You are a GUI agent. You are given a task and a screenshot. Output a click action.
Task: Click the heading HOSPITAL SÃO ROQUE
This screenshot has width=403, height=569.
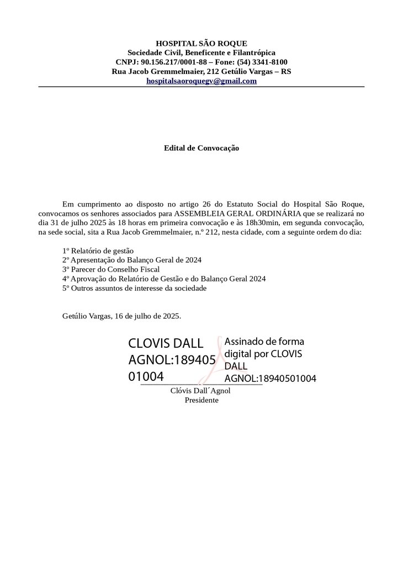(201, 43)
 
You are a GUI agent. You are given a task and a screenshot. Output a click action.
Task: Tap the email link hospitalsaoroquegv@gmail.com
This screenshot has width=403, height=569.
(201, 81)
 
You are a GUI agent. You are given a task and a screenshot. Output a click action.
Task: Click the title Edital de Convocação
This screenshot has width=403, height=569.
(201, 148)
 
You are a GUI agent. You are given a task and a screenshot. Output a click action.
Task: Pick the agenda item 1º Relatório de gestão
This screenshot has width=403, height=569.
(98, 251)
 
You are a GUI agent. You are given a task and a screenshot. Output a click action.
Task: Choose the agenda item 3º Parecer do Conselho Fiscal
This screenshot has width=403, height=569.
(111, 269)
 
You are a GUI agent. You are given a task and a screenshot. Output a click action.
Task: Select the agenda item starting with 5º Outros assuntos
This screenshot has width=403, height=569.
(135, 288)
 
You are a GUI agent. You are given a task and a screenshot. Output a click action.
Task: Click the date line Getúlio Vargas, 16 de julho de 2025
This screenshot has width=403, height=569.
(122, 316)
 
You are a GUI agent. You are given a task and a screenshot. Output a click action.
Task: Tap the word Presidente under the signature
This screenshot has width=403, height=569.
(201, 400)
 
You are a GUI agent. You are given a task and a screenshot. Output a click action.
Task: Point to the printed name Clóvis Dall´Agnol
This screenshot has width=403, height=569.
(200, 391)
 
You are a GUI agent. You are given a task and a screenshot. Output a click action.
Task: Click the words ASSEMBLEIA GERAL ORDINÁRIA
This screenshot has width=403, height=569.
(237, 213)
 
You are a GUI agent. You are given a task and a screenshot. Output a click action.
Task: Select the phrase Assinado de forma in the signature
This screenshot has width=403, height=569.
(264, 341)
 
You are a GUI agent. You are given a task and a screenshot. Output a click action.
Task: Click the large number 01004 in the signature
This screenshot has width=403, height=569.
(146, 377)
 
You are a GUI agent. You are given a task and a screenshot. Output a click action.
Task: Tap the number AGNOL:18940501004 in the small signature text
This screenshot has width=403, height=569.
(270, 379)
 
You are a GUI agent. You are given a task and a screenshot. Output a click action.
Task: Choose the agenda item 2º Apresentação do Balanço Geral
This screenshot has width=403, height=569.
(132, 260)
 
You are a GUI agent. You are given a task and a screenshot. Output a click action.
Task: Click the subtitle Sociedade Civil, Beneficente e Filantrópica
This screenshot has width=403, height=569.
(201, 52)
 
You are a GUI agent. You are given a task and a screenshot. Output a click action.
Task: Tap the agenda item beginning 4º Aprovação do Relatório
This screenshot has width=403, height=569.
(164, 279)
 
